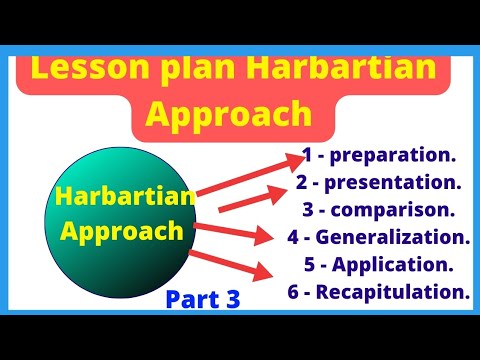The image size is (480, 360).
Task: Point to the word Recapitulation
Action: (404, 293)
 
